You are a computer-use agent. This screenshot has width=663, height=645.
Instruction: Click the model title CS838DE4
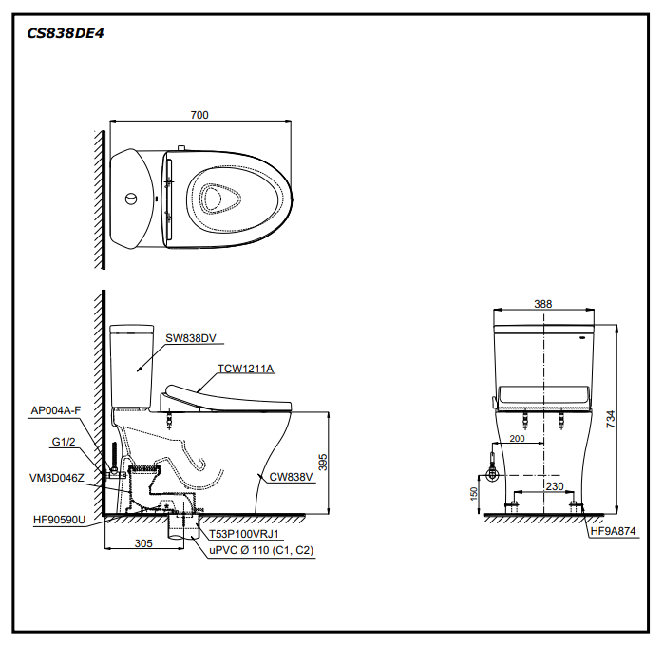(x=66, y=31)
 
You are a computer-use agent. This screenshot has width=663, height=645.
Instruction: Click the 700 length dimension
(x=199, y=115)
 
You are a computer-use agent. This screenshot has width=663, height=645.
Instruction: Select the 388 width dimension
(x=542, y=304)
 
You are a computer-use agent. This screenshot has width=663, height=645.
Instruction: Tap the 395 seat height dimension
(x=323, y=463)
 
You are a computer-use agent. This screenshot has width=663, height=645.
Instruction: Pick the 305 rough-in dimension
(x=142, y=544)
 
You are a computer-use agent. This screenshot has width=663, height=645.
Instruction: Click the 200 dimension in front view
(x=517, y=438)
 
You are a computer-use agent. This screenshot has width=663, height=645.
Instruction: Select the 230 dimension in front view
(x=555, y=486)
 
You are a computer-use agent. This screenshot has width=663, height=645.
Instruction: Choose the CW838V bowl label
(x=290, y=477)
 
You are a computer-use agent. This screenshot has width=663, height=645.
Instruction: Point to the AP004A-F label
(x=56, y=410)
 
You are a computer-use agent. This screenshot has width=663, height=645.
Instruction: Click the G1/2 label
(x=64, y=442)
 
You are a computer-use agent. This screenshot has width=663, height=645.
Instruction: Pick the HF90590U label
(x=58, y=520)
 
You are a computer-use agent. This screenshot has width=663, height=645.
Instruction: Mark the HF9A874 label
(x=613, y=532)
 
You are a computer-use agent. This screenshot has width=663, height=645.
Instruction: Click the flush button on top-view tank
(x=131, y=199)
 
